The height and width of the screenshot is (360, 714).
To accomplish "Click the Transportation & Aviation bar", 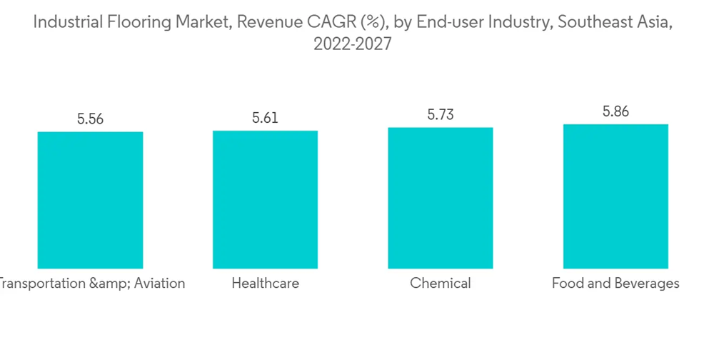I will pyautogui.click(x=90, y=200).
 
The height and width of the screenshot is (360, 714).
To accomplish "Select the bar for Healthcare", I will pyautogui.click(x=265, y=199).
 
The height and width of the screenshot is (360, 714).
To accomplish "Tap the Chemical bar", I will pyautogui.click(x=441, y=198).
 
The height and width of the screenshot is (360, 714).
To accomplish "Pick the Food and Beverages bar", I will pyautogui.click(x=615, y=196).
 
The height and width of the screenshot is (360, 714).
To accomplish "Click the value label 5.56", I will pyautogui.click(x=91, y=119).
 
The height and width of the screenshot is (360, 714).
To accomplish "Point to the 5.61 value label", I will pyautogui.click(x=265, y=118).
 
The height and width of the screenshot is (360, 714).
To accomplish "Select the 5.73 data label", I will pyautogui.click(x=441, y=115).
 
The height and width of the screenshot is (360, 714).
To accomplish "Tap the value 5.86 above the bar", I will pyautogui.click(x=615, y=111).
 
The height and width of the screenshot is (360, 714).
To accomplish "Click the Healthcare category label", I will pyautogui.click(x=265, y=284).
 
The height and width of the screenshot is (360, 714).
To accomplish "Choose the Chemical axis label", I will pyautogui.click(x=441, y=284).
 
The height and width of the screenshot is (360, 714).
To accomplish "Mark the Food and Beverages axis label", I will pyautogui.click(x=615, y=284).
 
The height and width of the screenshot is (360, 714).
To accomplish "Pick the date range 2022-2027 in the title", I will pyautogui.click(x=353, y=44).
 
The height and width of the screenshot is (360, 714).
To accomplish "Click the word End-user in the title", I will pyautogui.click(x=445, y=22).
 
